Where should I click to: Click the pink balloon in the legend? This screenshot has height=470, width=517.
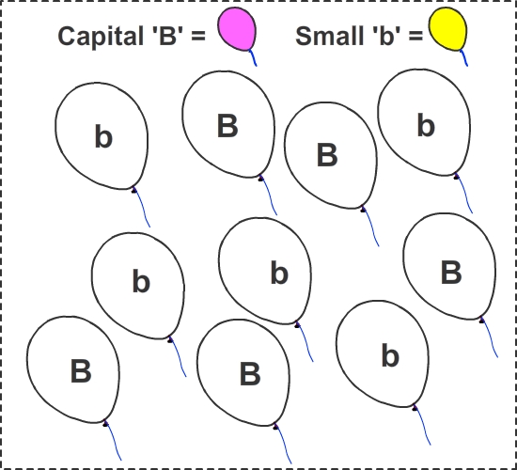tap(237, 29)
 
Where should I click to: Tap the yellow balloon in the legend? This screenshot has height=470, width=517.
tap(447, 29)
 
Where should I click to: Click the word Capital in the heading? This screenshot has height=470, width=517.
tap(101, 37)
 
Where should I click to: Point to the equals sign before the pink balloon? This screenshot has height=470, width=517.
tap(198, 36)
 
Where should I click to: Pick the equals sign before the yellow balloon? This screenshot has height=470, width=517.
tap(415, 36)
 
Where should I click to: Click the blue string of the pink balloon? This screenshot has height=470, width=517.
tap(253, 58)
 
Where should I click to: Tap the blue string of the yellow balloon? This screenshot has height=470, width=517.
tap(463, 58)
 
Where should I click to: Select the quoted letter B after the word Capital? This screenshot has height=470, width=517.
tap(167, 35)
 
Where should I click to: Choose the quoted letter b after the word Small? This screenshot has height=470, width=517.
tap(387, 35)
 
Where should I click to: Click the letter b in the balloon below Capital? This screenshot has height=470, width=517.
tap(103, 136)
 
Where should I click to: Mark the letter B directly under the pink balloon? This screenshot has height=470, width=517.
tap(227, 126)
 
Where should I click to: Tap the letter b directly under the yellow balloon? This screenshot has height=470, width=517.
tap(426, 125)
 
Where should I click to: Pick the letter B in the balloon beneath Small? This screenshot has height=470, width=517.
tap(327, 155)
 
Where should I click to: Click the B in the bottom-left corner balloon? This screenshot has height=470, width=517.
tap(81, 371)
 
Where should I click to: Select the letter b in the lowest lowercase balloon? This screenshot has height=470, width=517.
tap(390, 355)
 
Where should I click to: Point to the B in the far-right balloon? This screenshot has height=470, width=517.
tap(451, 272)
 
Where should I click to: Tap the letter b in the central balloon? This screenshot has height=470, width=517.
tap(279, 272)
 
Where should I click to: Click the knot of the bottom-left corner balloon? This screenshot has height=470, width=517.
tap(105, 423)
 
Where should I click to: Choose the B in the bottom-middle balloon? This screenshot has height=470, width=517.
tap(250, 374)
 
